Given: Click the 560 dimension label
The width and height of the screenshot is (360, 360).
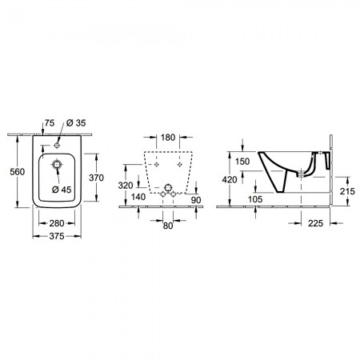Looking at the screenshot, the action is click(x=18, y=172).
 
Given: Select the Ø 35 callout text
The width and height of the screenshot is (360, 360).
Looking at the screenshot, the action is click(x=76, y=122).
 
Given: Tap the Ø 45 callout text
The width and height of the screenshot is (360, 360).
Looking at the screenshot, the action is click(x=62, y=190).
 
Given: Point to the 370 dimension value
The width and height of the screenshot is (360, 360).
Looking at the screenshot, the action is click(x=96, y=178).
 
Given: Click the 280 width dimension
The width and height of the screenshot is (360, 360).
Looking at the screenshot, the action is click(x=57, y=223).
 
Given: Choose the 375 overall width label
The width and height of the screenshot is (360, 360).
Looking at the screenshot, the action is click(x=57, y=236).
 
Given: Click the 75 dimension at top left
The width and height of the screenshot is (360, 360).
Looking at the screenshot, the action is click(x=50, y=123).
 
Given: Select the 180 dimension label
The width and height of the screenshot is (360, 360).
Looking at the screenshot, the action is click(x=168, y=138).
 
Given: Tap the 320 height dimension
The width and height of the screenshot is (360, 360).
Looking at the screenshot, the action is click(x=126, y=186).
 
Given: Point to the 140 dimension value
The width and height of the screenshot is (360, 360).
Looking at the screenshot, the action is click(x=138, y=197).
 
